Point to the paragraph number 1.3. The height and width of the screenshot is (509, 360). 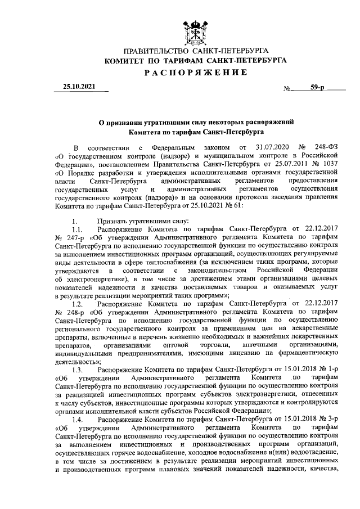click(78, 370)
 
